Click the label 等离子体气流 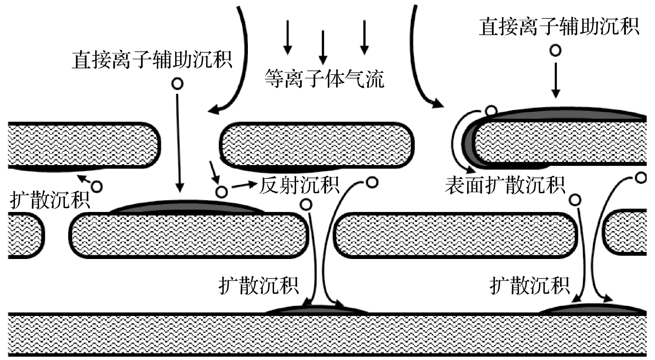(324, 79)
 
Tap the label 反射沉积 (299, 185)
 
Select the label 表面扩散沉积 (505, 185)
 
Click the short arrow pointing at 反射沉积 (244, 185)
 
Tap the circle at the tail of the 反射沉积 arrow (222, 192)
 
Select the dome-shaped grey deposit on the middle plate (188, 207)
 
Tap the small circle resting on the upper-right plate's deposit (491, 111)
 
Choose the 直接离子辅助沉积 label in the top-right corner (559, 27)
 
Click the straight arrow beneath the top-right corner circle (556, 81)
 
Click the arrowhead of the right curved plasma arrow (438, 104)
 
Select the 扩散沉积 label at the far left (50, 200)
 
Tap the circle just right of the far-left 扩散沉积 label (97, 186)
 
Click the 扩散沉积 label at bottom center (259, 285)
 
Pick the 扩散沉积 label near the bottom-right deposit (529, 285)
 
